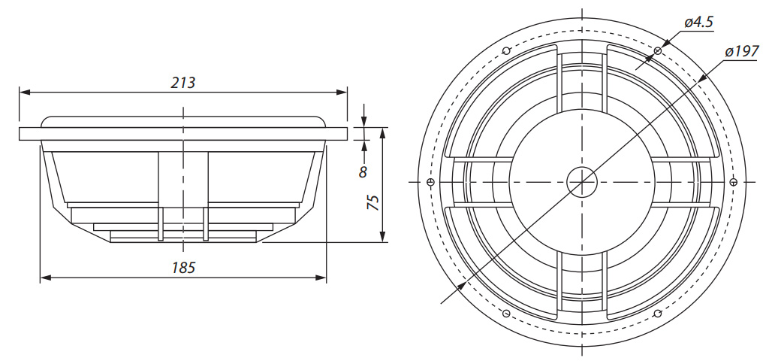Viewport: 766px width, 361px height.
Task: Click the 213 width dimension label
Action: pyautogui.click(x=182, y=83)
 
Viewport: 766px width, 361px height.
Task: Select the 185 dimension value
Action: pyautogui.click(x=182, y=268)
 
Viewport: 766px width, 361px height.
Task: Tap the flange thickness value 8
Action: pyautogui.click(x=363, y=171)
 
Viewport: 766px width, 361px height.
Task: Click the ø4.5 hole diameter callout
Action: pyautogui.click(x=698, y=23)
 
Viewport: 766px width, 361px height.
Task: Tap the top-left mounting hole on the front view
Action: pyautogui.click(x=506, y=51)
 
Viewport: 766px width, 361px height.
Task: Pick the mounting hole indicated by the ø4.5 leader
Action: pyautogui.click(x=657, y=50)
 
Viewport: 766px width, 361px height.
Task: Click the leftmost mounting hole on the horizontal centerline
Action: pyautogui.click(x=430, y=181)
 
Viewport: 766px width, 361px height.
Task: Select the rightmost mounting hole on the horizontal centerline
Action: pyautogui.click(x=733, y=181)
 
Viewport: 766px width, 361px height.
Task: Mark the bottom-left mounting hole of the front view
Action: pyautogui.click(x=506, y=312)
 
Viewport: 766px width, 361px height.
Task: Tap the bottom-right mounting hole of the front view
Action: pyautogui.click(x=657, y=312)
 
